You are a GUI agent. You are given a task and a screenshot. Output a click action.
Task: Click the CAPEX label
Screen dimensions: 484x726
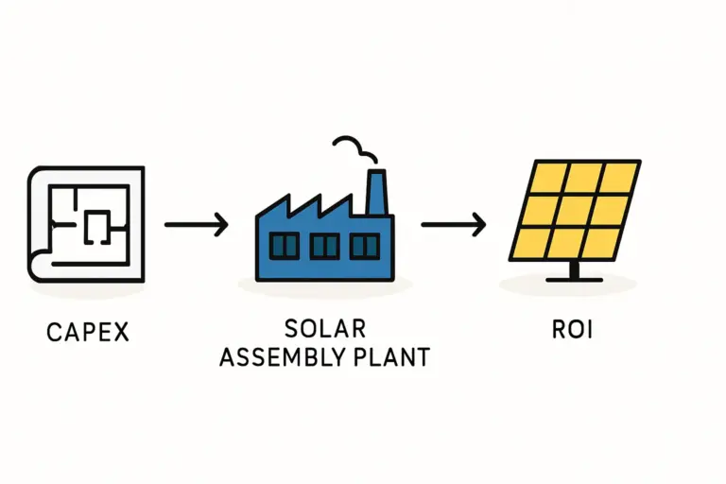tap(88, 332)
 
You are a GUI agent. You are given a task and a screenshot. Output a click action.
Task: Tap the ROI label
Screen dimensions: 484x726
tap(574, 332)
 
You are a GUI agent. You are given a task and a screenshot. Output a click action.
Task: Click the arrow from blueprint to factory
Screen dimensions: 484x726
tap(196, 225)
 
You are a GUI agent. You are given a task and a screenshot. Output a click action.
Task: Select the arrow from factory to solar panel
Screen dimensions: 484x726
tap(453, 225)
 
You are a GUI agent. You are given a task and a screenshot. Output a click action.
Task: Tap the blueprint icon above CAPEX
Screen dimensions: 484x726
tap(87, 223)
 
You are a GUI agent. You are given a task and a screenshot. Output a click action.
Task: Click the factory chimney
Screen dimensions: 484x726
tap(376, 194)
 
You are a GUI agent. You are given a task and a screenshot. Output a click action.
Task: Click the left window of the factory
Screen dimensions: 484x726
tap(285, 247)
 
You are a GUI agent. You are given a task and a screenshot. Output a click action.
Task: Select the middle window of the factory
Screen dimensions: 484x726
tap(324, 247)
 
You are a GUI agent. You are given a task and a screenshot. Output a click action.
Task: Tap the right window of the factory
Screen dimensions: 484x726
tap(364, 247)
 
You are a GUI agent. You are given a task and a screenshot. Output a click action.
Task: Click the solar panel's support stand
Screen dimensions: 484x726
tap(574, 271)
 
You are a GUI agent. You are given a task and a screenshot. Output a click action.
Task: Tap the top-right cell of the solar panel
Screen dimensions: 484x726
tap(619, 177)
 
